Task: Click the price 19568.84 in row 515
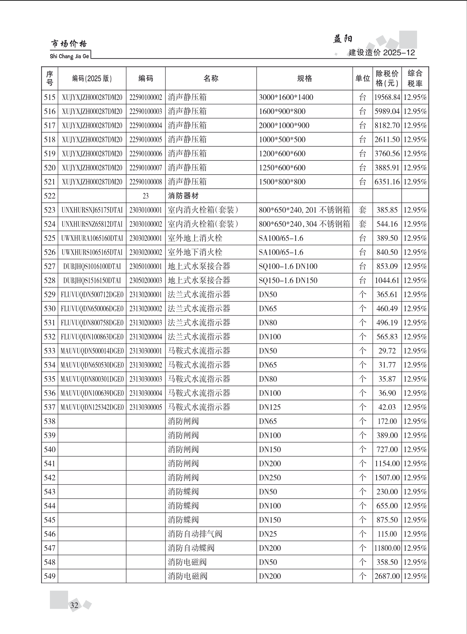387,97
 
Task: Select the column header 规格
304,79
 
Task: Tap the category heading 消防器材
183,196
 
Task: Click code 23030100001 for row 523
146,210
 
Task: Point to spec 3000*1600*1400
286,97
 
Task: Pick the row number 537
50,407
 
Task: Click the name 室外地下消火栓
195,252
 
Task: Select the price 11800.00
387,548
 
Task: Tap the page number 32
74,605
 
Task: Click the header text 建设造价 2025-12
382,52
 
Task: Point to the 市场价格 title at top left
69,44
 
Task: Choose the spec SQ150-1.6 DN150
288,280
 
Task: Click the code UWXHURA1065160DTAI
92,238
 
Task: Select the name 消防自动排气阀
195,534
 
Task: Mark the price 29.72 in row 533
387,351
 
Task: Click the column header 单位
362,79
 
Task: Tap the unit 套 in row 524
362,224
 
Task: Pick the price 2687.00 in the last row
387,576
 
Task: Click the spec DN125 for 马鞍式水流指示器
270,407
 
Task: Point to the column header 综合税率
415,79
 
